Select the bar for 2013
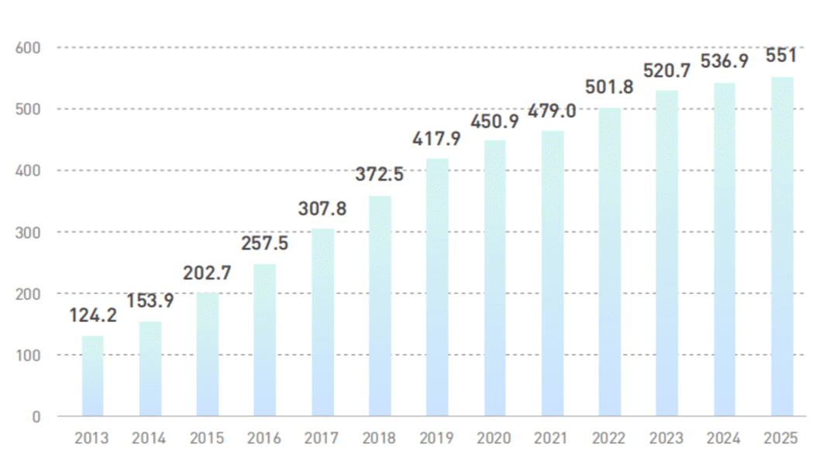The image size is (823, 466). pyautogui.click(x=92, y=376)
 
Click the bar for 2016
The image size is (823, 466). pyautogui.click(x=265, y=340)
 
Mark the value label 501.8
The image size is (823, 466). pyautogui.click(x=610, y=87)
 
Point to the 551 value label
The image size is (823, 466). pyautogui.click(x=780, y=56)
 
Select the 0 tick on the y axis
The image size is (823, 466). pyautogui.click(x=36, y=417)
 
